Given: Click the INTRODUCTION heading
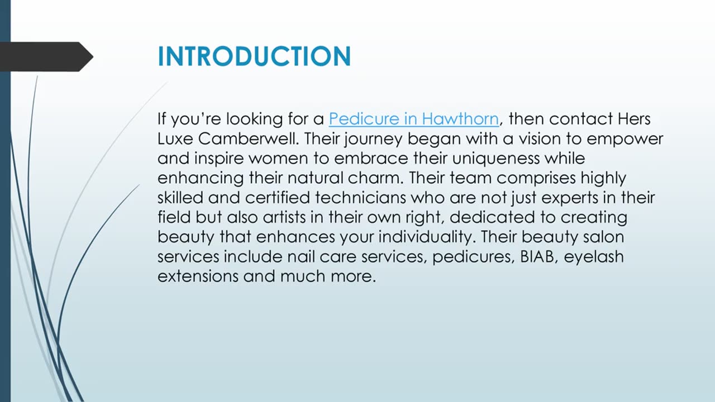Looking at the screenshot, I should coord(254,56).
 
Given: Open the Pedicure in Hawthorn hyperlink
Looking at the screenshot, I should coord(413,119).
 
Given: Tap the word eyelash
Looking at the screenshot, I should coord(594,257).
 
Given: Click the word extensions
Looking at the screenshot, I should coord(198,276).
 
